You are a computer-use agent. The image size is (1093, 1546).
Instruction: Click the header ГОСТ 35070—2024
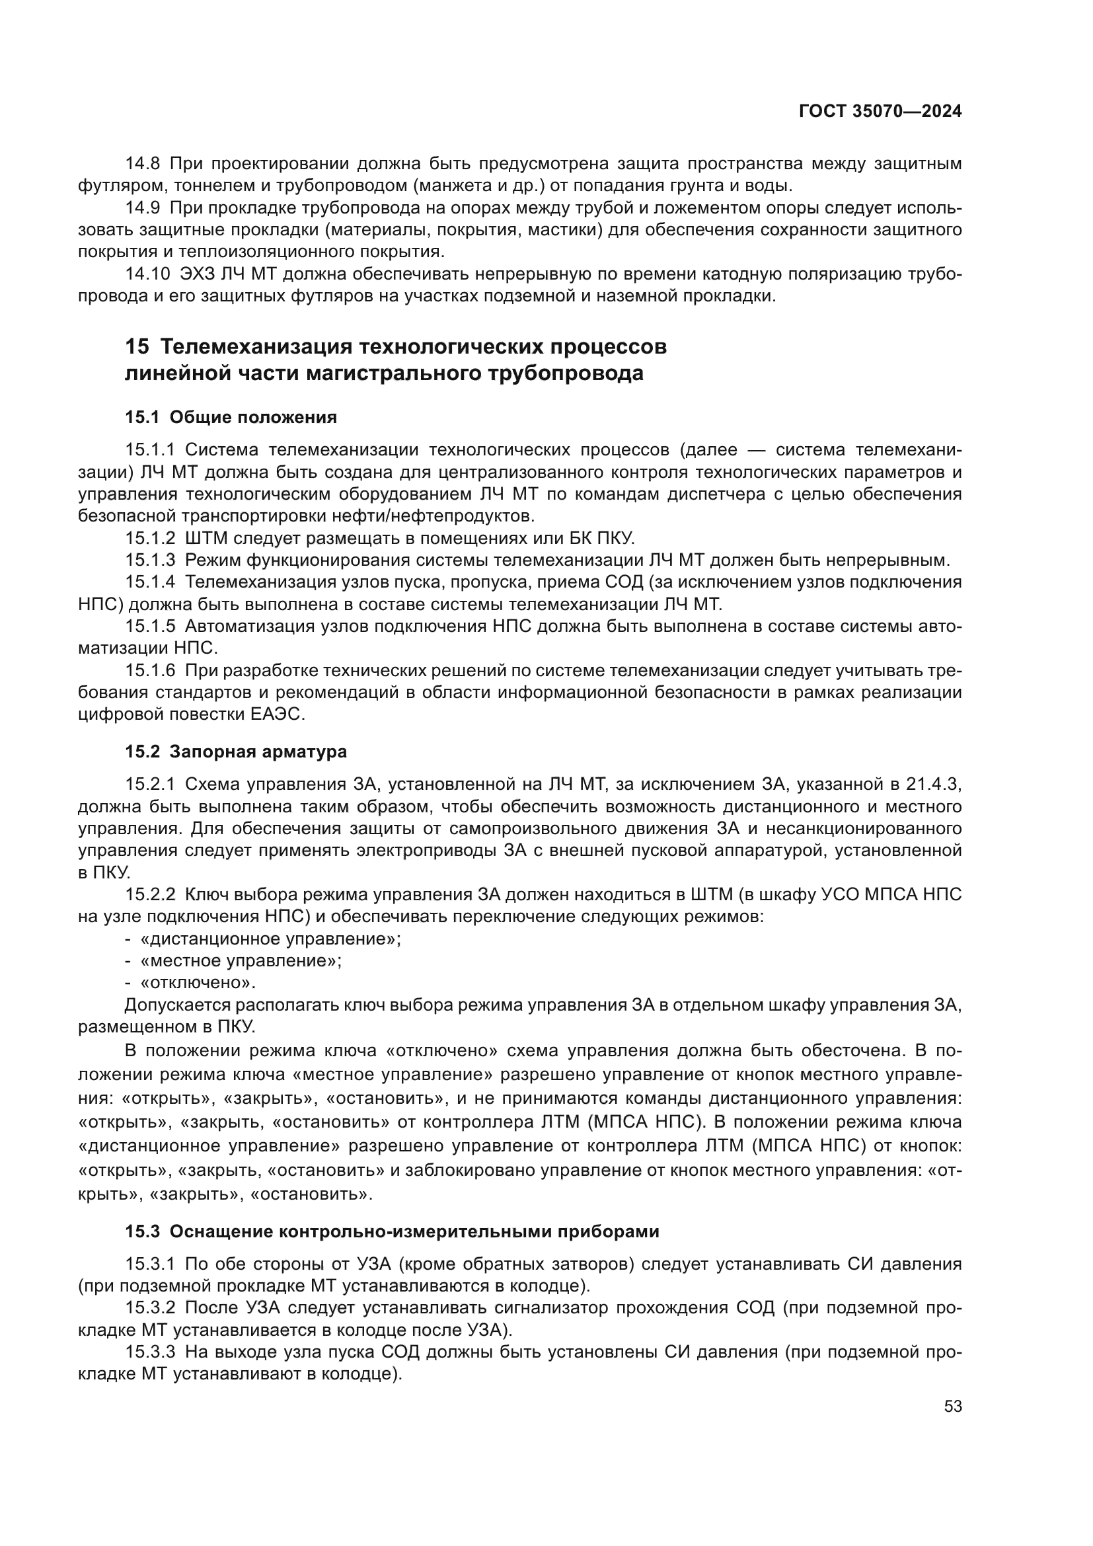click(x=880, y=112)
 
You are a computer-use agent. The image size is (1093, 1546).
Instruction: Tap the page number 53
click(x=952, y=1407)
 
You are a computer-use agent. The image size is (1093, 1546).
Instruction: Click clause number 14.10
click(x=147, y=274)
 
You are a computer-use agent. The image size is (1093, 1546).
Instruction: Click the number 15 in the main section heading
click(x=137, y=347)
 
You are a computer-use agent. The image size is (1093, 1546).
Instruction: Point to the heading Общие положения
click(x=253, y=418)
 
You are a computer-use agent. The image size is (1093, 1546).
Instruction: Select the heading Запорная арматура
click(x=258, y=752)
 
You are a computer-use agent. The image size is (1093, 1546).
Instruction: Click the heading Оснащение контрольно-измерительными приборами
click(x=414, y=1231)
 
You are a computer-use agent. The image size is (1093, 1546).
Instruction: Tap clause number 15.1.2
click(x=150, y=538)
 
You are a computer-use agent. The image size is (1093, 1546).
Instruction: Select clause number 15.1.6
click(x=150, y=671)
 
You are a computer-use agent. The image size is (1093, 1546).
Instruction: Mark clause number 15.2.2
click(x=150, y=895)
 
